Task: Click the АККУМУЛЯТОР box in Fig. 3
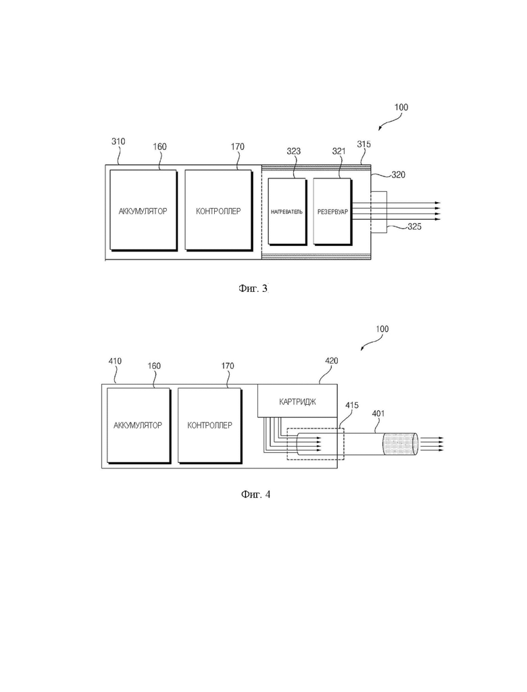tap(143, 210)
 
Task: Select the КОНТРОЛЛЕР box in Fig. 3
tap(218, 210)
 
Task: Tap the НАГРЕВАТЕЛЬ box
tap(287, 212)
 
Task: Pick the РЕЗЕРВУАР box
tap(332, 212)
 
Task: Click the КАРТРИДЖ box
tap(298, 402)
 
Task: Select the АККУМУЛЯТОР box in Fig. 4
tap(137, 425)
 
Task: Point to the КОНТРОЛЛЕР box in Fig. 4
tap(209, 425)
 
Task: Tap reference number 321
tap(338, 152)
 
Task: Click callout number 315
tap(363, 145)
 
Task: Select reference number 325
tap(414, 227)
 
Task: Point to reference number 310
tap(118, 142)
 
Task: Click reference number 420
tap(332, 361)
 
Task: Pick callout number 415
tap(352, 405)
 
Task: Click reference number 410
tap(115, 362)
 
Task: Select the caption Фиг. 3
tap(253, 289)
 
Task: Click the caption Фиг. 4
tap(255, 495)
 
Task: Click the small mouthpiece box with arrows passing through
tap(378, 212)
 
